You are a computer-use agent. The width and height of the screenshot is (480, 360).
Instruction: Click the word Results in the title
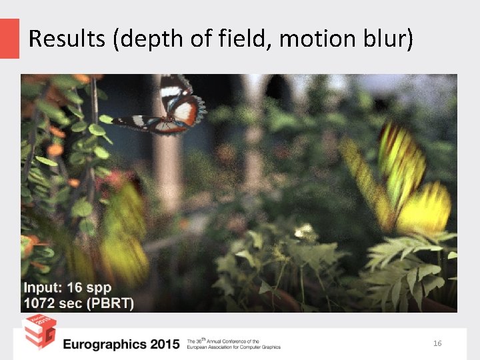click(67, 39)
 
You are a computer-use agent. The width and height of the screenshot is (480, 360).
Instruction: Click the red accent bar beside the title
click(9, 38)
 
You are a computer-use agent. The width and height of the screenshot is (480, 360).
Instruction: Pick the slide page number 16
click(437, 343)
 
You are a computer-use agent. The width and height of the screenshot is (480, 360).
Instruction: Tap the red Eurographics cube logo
click(39, 331)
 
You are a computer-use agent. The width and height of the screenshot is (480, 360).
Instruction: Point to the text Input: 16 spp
click(67, 289)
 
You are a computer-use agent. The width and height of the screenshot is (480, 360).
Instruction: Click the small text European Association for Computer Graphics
click(233, 347)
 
